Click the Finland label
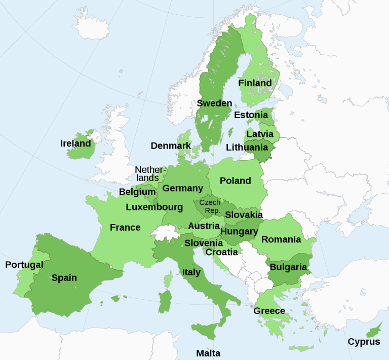[255, 83]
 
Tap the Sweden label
[214, 103]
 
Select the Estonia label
[250, 115]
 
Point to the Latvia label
[260, 134]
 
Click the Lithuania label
[247, 148]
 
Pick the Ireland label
[75, 143]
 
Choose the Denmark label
[171, 146]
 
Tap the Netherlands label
[150, 174]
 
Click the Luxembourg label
[154, 207]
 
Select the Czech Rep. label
[210, 206]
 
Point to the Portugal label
[24, 265]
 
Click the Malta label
[208, 353]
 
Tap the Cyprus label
[364, 342]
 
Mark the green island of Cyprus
[374, 332]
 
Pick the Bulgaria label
[288, 267]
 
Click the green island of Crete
[299, 348]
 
